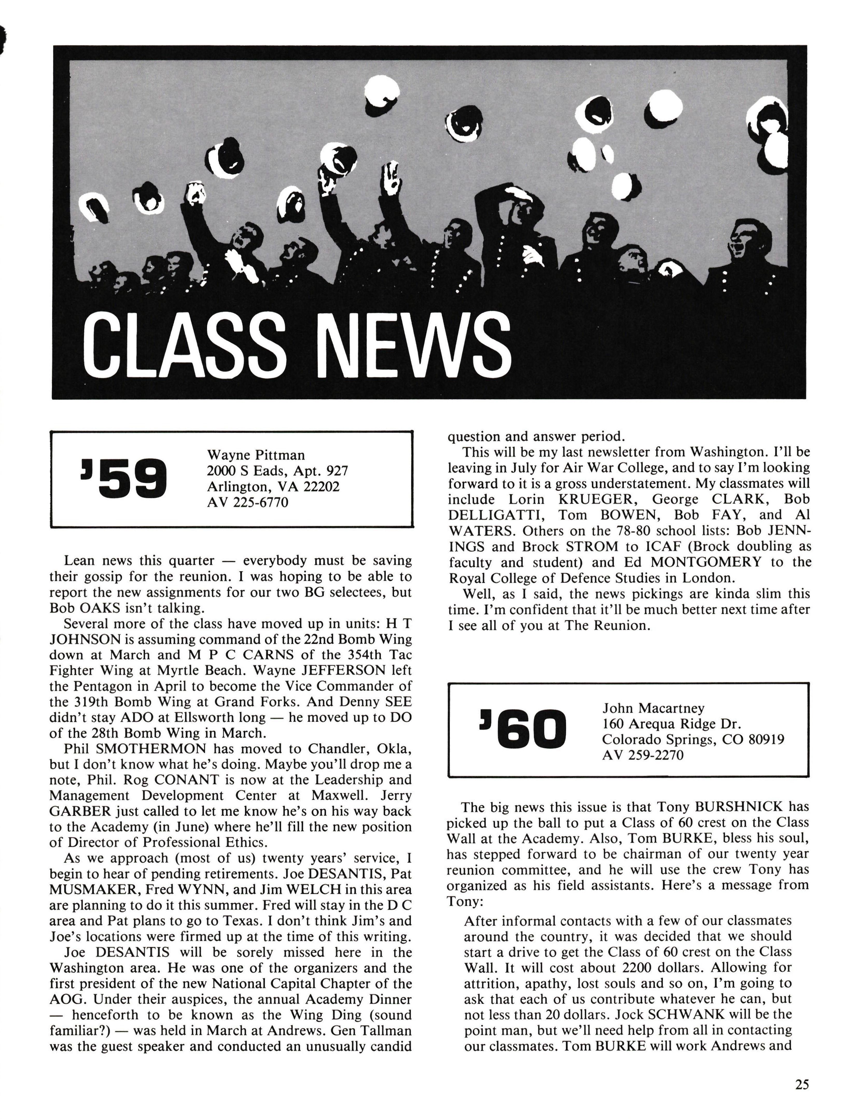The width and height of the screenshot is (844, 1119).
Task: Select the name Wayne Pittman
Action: point(256,455)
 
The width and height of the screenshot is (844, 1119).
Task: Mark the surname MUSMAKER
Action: point(95,889)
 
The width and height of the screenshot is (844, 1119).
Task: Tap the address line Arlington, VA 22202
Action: point(273,487)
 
